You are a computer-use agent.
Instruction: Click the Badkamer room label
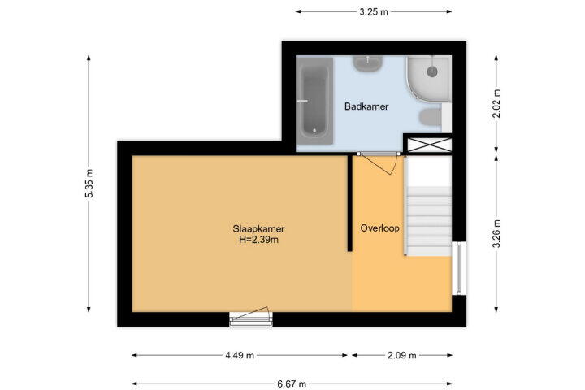[x=366, y=106]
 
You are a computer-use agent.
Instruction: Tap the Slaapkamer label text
[x=258, y=229]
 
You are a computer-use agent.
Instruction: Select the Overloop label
[x=379, y=228]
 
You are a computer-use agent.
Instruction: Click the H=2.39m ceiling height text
[x=258, y=240]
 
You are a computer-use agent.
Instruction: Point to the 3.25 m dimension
[x=374, y=12]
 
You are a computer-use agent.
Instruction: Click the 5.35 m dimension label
[x=89, y=184]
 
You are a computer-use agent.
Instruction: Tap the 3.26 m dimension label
[x=496, y=234]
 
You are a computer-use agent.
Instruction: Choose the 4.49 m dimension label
[x=240, y=355]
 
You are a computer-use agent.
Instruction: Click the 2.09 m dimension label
[x=401, y=355]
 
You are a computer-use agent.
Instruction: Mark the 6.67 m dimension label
[x=292, y=383]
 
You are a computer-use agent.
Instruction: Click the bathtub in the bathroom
[x=314, y=101]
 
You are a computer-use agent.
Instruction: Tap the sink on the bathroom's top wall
[x=368, y=64]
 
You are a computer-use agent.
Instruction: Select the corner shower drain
[x=432, y=71]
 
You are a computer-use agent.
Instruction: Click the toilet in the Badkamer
[x=430, y=118]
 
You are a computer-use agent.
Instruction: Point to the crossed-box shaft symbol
[x=429, y=145]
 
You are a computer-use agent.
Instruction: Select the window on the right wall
[x=459, y=268]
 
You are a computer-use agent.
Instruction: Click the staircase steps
[x=429, y=221]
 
